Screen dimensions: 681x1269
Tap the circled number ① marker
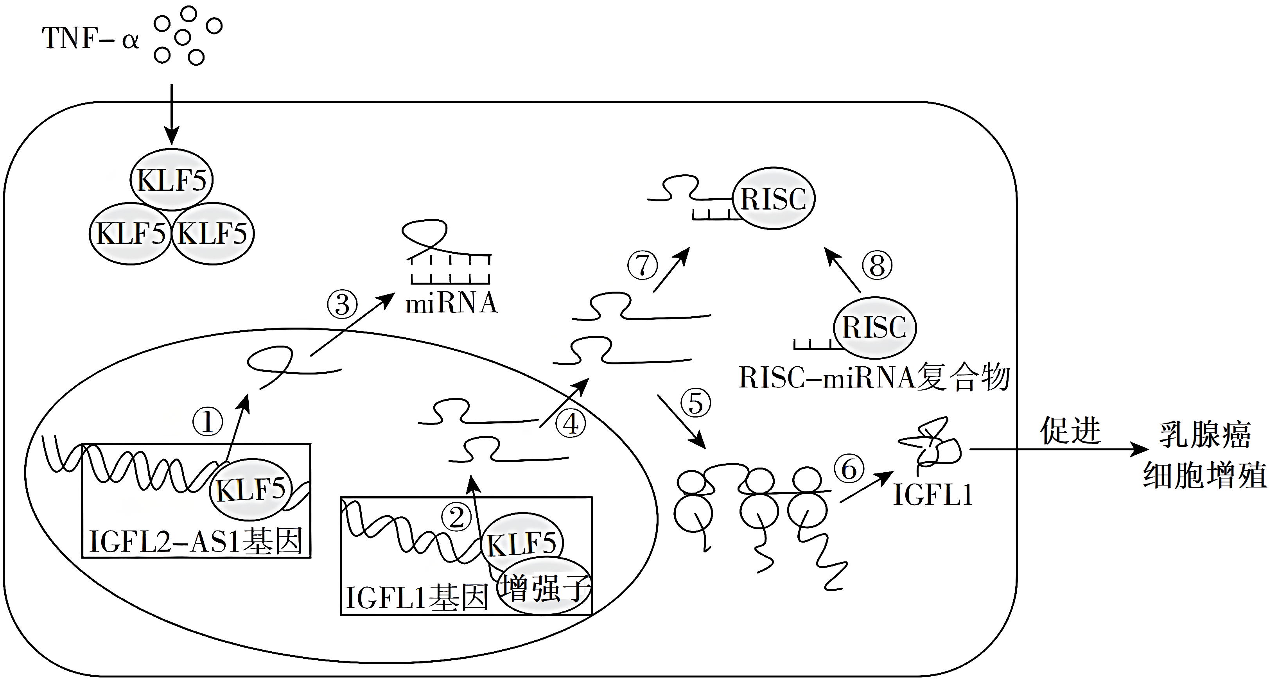coord(207,421)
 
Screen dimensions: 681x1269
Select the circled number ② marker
coord(456,518)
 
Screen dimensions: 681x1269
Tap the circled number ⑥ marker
coord(849,469)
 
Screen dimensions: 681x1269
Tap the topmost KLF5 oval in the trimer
coord(171,180)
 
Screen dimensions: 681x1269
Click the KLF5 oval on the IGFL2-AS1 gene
coord(251,489)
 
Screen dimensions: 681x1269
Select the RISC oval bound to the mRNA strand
coord(774,199)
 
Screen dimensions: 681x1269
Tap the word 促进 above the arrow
coord(1070,430)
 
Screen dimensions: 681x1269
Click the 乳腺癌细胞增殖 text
coord(1204,455)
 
